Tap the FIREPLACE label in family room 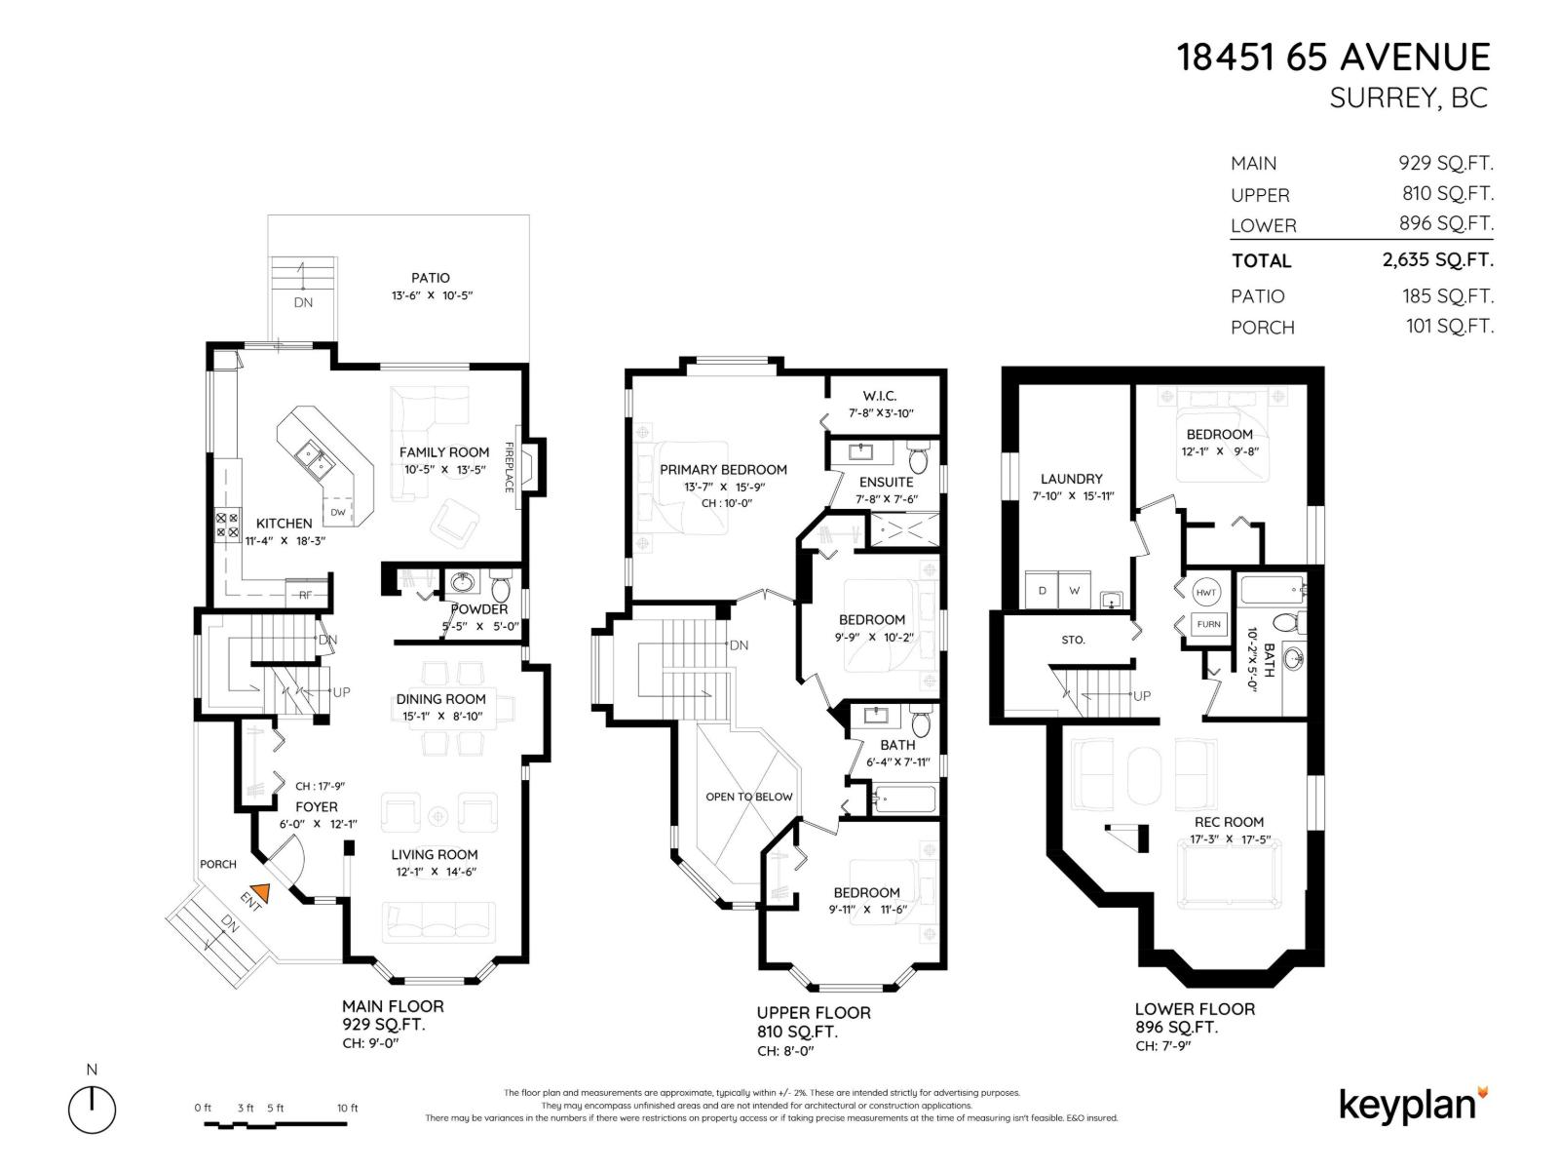coord(509,467)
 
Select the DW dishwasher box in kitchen coord(337,512)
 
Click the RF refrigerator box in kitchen coord(305,594)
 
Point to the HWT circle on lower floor coord(1206,592)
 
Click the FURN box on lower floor coord(1208,624)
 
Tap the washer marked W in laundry coord(1074,591)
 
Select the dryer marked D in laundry coord(1043,591)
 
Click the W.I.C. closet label coord(879,396)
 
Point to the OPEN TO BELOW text coord(749,797)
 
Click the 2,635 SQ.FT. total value coord(1431,260)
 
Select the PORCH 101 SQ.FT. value coord(1448,327)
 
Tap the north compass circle coord(92,1111)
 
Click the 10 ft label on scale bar coord(347,1108)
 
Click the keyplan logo coord(1412,1105)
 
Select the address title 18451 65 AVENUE coord(1334,58)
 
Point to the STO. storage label coord(1073,641)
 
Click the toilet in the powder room coord(500,589)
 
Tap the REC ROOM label coord(1229,822)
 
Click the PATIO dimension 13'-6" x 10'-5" coord(430,295)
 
